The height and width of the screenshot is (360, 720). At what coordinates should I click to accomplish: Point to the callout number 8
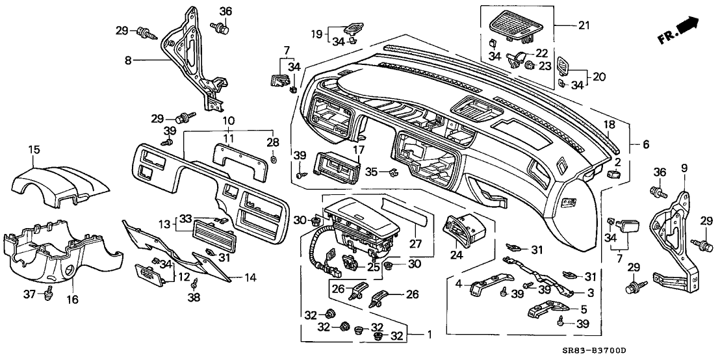pos(129,60)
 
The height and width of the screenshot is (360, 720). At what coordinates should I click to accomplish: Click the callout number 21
pos(583,25)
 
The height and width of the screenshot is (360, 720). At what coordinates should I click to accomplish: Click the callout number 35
pos(370,172)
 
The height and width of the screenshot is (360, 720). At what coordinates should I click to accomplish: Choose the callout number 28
pos(274,142)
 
